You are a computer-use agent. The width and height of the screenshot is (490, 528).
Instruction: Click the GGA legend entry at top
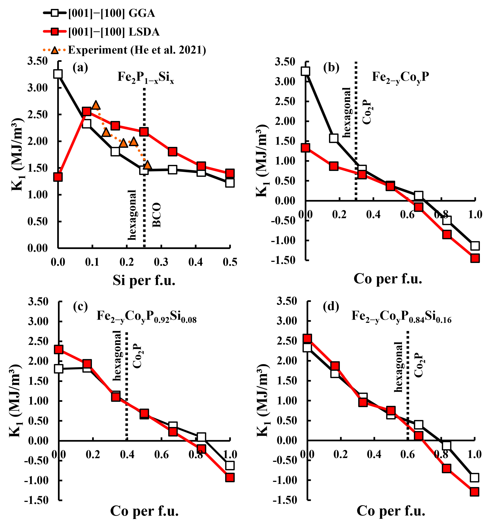(111, 13)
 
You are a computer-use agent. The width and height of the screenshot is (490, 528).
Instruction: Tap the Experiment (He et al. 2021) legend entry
(137, 50)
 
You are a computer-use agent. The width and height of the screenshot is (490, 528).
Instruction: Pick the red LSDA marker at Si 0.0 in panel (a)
(58, 177)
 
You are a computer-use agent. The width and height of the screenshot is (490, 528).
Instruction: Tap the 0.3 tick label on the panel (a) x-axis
(161, 262)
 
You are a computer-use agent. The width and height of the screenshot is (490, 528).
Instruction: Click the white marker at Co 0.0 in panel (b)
(306, 71)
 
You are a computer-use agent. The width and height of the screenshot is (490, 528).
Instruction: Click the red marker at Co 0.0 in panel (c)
(59, 349)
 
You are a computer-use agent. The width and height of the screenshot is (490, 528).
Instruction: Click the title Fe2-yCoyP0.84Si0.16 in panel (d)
(401, 316)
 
